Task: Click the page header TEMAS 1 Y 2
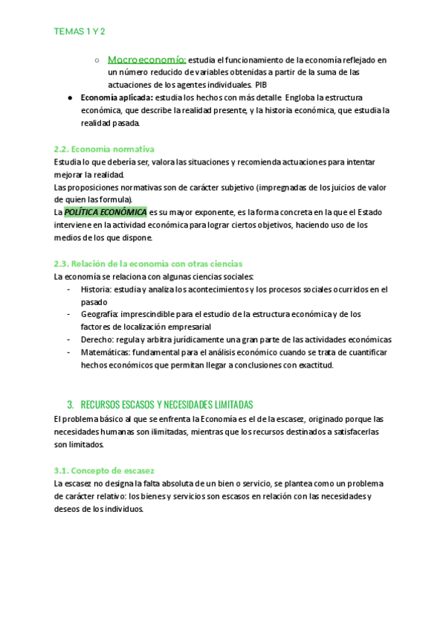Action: click(78, 32)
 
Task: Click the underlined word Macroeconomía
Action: click(146, 60)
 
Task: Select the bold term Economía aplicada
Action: click(116, 98)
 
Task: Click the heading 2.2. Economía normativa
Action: click(105, 149)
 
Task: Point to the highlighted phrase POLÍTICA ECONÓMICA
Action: click(106, 212)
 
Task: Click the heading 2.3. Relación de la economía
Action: click(148, 263)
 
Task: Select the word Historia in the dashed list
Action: click(97, 289)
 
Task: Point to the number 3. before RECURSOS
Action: click(71, 404)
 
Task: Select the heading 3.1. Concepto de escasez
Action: click(104, 470)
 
